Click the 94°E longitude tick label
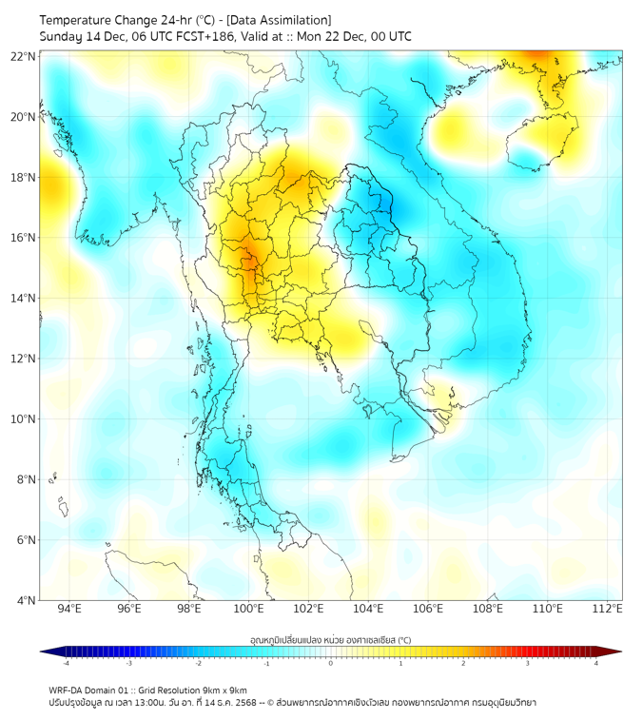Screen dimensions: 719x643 coord(69,609)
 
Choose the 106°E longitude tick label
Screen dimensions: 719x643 coord(428,609)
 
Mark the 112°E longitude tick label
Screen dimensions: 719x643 coord(608,609)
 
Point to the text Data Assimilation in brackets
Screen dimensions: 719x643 coord(283,20)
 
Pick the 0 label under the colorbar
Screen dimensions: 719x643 coord(331,663)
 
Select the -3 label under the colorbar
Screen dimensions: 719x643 coord(128,663)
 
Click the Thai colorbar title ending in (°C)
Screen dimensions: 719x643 coord(330,639)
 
